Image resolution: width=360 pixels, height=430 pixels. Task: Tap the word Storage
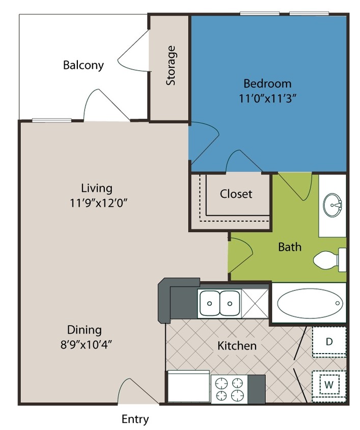click(172, 66)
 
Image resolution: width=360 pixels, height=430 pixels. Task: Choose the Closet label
click(236, 194)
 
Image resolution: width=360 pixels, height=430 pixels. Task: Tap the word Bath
click(290, 247)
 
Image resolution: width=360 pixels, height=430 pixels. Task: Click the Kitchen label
click(237, 346)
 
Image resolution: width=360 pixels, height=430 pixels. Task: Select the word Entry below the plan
click(135, 419)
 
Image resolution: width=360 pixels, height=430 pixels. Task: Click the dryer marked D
click(329, 341)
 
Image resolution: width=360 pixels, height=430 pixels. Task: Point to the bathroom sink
click(333, 205)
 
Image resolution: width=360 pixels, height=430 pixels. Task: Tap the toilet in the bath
click(328, 260)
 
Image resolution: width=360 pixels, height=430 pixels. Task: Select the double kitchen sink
click(219, 303)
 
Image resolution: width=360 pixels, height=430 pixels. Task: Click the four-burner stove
click(229, 389)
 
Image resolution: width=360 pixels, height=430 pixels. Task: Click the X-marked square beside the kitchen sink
click(255, 303)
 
